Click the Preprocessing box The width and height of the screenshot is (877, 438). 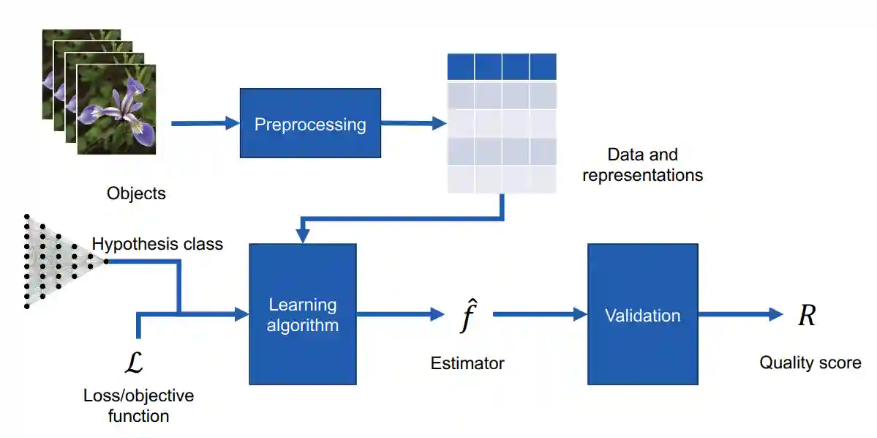tap(310, 123)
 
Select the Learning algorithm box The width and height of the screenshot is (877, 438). tap(302, 314)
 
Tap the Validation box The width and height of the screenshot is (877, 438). tap(642, 314)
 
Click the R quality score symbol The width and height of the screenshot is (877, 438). tap(807, 316)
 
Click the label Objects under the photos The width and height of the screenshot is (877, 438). tap(136, 194)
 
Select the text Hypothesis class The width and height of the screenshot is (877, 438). tap(157, 244)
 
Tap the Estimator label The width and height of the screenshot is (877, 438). tap(467, 363)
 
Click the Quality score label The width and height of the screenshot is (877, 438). tap(810, 363)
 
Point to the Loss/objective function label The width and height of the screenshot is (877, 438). tap(138, 406)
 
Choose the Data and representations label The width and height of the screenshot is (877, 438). tap(642, 165)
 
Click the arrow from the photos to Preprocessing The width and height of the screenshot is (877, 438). tap(205, 124)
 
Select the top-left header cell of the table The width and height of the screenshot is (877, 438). tap(461, 67)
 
